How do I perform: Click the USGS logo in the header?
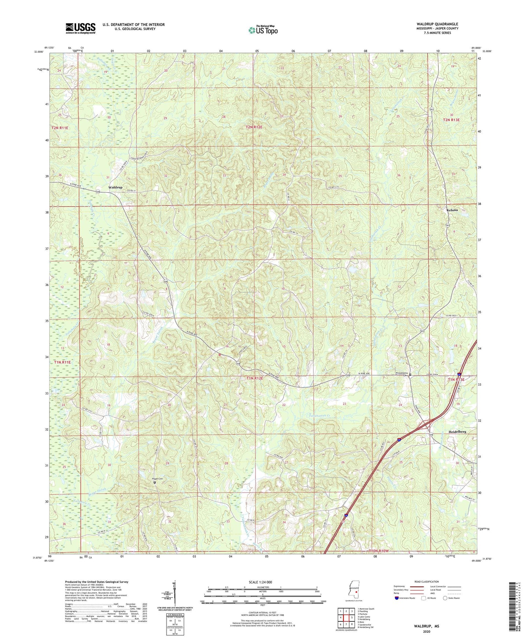click(x=80, y=28)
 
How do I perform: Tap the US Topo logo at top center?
click(x=262, y=30)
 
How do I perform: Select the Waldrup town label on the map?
click(x=115, y=187)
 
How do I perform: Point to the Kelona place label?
click(x=452, y=210)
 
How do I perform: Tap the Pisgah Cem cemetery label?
click(x=154, y=479)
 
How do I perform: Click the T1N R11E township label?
click(x=62, y=362)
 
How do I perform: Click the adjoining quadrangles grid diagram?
click(x=346, y=617)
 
